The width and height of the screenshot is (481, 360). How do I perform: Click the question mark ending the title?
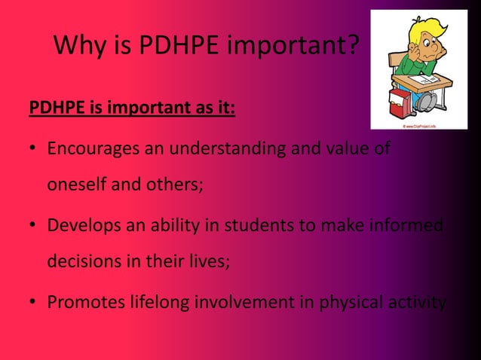(352, 49)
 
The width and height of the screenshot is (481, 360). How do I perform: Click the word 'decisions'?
(83, 264)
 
